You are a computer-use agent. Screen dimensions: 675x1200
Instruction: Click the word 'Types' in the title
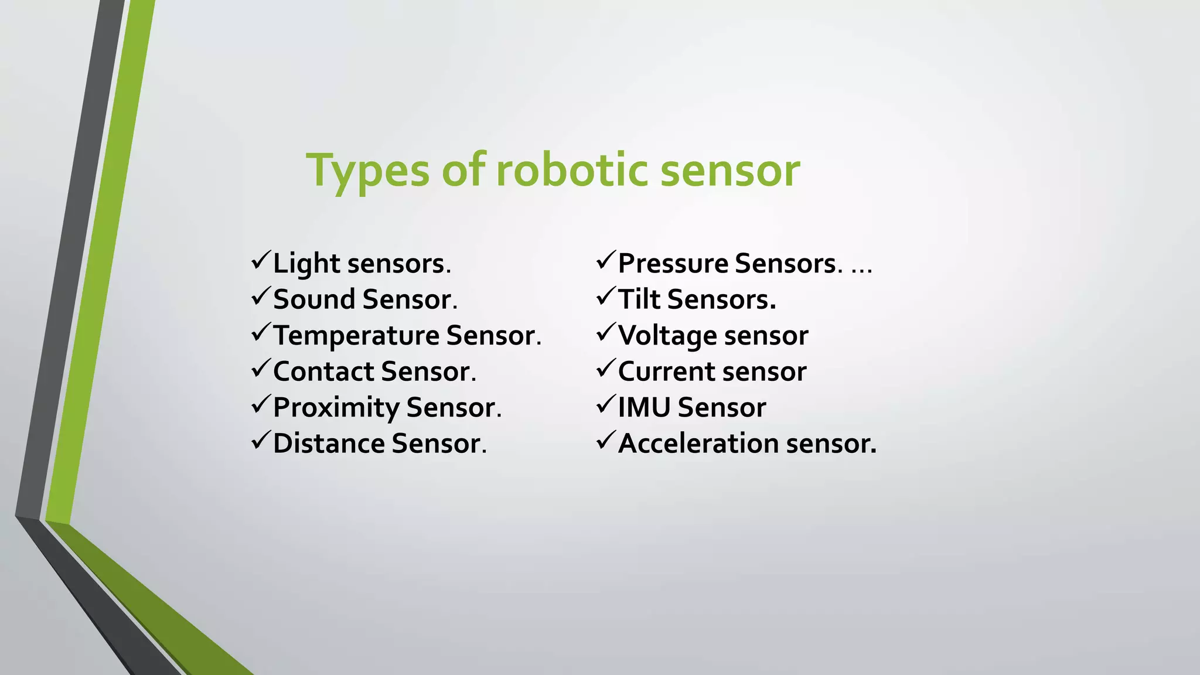click(x=367, y=171)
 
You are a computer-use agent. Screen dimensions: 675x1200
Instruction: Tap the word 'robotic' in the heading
click(x=572, y=171)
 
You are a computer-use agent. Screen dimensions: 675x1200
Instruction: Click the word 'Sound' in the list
click(x=314, y=299)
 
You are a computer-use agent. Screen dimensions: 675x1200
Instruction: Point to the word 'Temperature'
click(x=356, y=336)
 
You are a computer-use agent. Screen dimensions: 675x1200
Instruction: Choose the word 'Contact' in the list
click(x=323, y=371)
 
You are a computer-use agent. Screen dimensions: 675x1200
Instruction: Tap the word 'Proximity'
click(x=336, y=408)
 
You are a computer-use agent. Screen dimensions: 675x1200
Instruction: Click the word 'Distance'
click(x=328, y=444)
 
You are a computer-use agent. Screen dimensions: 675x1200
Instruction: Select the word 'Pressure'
click(x=673, y=264)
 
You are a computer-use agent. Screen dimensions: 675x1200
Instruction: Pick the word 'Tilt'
click(x=639, y=299)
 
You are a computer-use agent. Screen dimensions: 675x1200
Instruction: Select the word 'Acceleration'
click(x=698, y=444)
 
